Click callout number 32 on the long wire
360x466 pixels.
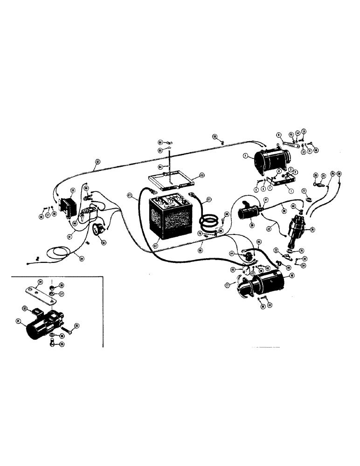pyautogui.click(x=97, y=162)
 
